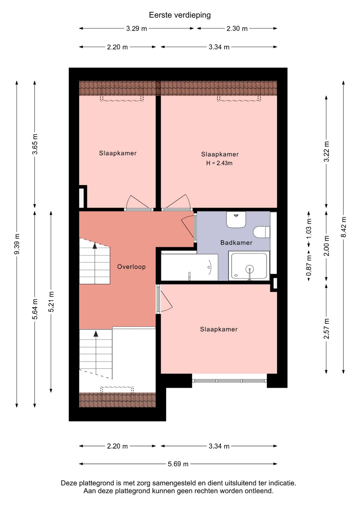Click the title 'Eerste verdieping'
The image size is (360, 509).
[x=180, y=15]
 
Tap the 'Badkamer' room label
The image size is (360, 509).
[x=236, y=243]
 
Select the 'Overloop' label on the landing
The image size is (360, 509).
[x=131, y=267]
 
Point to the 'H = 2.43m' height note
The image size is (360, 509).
[x=219, y=163]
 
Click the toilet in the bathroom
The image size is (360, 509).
[x=261, y=232]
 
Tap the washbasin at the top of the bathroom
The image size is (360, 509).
[x=236, y=220]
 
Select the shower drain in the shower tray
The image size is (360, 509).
[x=250, y=269]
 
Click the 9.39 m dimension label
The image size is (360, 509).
[x=17, y=244]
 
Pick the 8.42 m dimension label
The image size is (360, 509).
[x=343, y=227]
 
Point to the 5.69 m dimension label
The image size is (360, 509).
[x=178, y=464]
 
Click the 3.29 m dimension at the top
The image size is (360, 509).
[x=137, y=29]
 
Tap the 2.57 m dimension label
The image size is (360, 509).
[x=326, y=329]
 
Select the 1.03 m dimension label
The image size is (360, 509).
[x=309, y=229]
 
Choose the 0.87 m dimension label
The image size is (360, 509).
[x=309, y=266]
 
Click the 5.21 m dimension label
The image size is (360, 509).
[x=51, y=302]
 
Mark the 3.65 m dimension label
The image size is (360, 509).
[x=35, y=144]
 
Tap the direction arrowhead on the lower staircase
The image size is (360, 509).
[x=96, y=334]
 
